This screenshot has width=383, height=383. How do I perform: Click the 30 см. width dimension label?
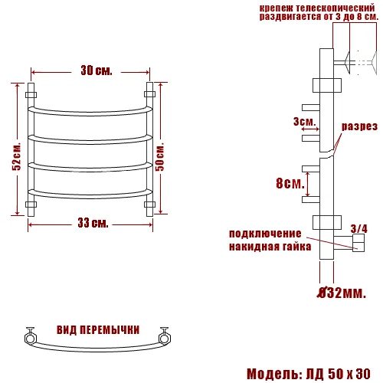click(96, 71)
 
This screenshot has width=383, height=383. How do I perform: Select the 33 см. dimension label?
click(93, 223)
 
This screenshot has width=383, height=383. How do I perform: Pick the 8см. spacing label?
click(289, 183)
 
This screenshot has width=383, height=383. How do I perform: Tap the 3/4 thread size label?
click(358, 228)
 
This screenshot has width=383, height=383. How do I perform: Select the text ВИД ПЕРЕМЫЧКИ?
click(97, 329)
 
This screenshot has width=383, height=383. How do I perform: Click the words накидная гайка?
click(270, 247)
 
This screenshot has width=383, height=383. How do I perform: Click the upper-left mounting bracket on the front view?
click(31, 95)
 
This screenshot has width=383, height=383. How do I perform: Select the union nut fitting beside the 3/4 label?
click(357, 244)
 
